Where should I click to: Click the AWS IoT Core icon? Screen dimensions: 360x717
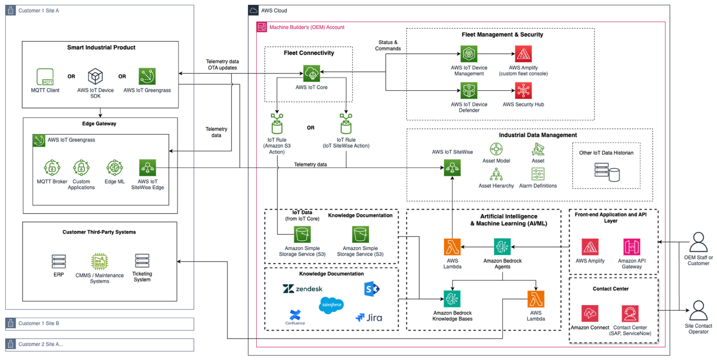pyautogui.click(x=311, y=73)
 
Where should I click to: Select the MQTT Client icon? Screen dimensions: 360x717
pyautogui.click(x=45, y=77)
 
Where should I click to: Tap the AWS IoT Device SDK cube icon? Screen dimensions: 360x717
pyautogui.click(x=95, y=76)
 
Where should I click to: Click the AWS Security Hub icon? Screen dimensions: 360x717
pyautogui.click(x=523, y=91)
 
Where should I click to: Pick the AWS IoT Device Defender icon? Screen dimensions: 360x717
pyautogui.click(x=469, y=91)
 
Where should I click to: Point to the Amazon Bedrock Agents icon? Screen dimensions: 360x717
pyautogui.click(x=502, y=247)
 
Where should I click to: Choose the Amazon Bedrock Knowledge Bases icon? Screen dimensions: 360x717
pyautogui.click(x=452, y=299)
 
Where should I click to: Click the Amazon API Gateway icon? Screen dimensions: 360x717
pyautogui.click(x=632, y=247)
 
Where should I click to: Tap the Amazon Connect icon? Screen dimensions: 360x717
pyautogui.click(x=590, y=313)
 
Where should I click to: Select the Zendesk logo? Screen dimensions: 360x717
pyautogui.click(x=303, y=289)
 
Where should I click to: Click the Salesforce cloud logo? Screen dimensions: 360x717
pyautogui.click(x=331, y=305)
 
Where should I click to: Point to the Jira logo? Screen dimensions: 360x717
pyautogui.click(x=369, y=318)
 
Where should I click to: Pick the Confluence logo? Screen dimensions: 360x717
pyautogui.click(x=295, y=317)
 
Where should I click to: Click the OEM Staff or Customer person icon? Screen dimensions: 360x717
pyautogui.click(x=699, y=242)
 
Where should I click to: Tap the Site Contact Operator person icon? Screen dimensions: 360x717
pyautogui.click(x=699, y=311)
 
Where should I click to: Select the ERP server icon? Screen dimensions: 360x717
pyautogui.click(x=59, y=262)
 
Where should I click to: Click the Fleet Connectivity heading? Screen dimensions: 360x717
pyautogui.click(x=309, y=53)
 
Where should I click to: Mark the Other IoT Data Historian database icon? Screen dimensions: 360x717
pyautogui.click(x=607, y=172)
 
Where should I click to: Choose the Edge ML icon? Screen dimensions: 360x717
pyautogui.click(x=114, y=168)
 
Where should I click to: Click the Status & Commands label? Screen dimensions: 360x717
pyautogui.click(x=388, y=45)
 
